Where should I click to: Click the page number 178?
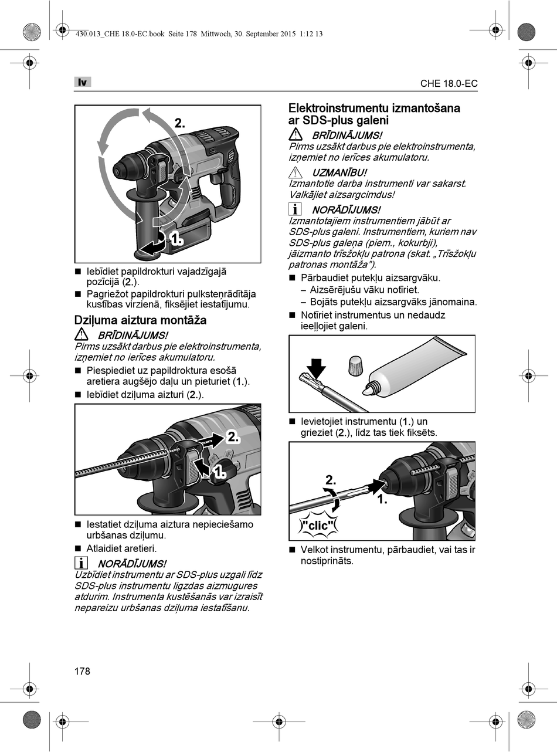[x=82, y=671]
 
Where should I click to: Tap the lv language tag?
[x=83, y=82]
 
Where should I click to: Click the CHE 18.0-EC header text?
[x=449, y=83]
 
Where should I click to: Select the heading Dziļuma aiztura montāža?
[x=140, y=320]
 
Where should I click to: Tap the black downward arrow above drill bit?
[x=316, y=369]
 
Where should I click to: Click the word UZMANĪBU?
[x=339, y=172]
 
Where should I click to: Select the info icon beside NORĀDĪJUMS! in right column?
[x=296, y=209]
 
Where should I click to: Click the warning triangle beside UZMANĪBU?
[x=296, y=172]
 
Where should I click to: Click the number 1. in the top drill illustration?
[x=176, y=239]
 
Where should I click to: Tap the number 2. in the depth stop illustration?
[x=233, y=436]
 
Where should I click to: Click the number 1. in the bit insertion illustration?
[x=382, y=500]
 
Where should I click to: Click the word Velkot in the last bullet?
[x=315, y=550]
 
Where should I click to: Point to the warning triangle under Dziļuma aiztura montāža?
[x=81, y=335]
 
